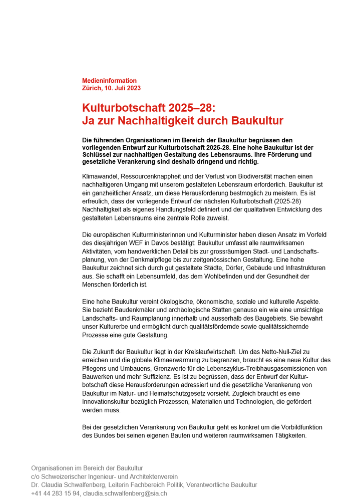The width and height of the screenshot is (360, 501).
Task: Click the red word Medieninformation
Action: pos(109,81)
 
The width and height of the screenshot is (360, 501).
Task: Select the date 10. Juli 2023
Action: pos(122,88)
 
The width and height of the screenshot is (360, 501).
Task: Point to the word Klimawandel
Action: pos(101,177)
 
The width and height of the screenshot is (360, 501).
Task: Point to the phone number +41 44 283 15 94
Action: pos(55,493)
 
